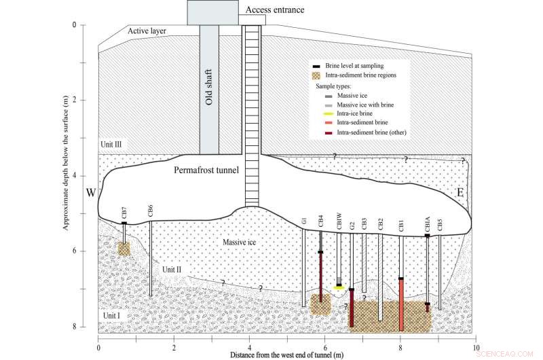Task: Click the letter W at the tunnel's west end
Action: (x=90, y=193)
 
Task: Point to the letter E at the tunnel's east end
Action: (x=460, y=194)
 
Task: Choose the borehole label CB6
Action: (x=150, y=211)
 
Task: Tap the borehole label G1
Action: (x=303, y=221)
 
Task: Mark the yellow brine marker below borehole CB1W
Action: (x=338, y=287)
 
